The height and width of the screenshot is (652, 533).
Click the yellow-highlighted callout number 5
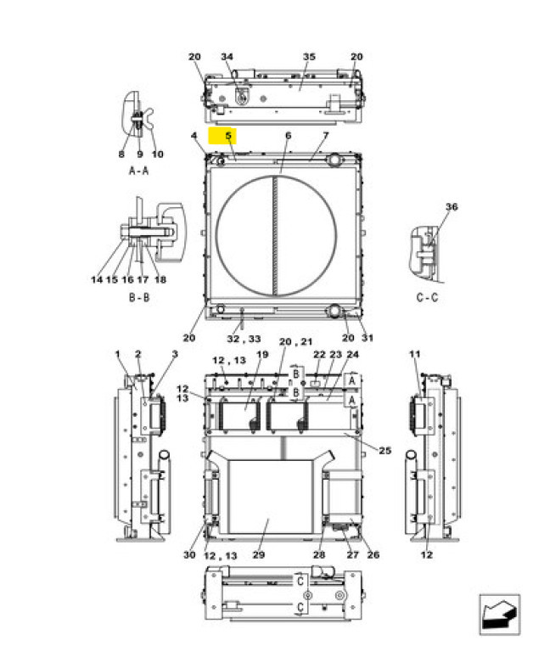tap(228, 136)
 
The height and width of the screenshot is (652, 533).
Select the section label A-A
tap(139, 171)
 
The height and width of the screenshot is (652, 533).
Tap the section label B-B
tap(139, 297)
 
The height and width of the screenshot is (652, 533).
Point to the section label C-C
tap(427, 297)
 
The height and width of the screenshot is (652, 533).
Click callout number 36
tap(452, 206)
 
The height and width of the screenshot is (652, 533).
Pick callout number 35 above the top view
tap(309, 57)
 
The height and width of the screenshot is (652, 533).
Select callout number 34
tap(227, 57)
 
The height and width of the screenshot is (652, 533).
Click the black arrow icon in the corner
tap(499, 615)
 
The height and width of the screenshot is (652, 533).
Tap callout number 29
tap(259, 554)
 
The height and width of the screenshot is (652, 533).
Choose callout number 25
tap(385, 450)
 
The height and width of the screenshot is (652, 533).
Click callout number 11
tap(414, 354)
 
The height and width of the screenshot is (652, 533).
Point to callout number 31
tap(367, 338)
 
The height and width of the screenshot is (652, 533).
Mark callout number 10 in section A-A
tap(157, 155)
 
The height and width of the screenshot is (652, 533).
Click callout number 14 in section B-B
tap(97, 279)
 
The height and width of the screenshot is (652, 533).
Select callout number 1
tap(118, 354)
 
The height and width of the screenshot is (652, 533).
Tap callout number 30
tap(189, 554)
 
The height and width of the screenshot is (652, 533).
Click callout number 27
tap(352, 554)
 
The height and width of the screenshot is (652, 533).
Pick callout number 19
tap(262, 354)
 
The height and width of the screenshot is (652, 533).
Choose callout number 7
tap(326, 136)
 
